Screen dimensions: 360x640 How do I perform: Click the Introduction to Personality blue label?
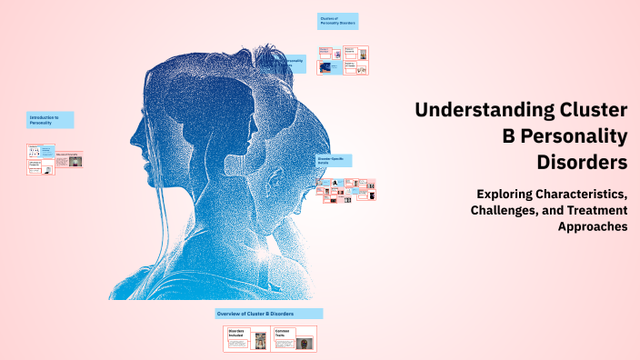click(50, 119)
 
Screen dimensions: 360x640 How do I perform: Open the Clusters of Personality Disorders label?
click(337, 21)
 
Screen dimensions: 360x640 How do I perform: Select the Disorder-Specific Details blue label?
click(335, 160)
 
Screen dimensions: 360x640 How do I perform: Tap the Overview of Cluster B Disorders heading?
click(268, 314)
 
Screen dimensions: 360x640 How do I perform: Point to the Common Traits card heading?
click(284, 335)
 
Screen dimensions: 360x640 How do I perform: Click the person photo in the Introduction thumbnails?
click(76, 160)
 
